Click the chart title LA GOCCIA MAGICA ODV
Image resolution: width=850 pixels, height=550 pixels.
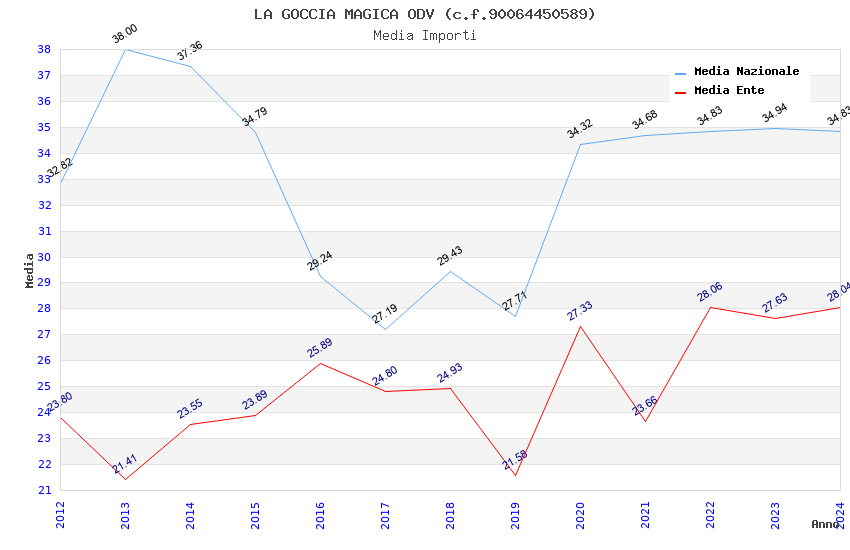(x=424, y=14)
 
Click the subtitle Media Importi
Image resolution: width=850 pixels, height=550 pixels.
(x=424, y=36)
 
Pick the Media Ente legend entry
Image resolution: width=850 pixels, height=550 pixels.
(x=729, y=91)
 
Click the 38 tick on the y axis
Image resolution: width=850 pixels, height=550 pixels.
(x=44, y=49)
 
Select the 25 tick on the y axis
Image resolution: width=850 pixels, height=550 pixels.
(x=44, y=386)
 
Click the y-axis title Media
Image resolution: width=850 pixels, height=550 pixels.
(x=30, y=270)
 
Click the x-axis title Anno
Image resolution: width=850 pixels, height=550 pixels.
(x=825, y=524)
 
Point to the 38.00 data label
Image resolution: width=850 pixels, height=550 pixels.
(x=125, y=35)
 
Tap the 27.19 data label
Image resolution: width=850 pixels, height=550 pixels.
(x=385, y=315)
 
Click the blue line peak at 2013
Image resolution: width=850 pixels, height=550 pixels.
(x=125, y=49)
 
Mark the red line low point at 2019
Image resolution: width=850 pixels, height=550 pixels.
(x=515, y=475)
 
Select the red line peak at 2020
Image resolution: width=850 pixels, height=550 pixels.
(x=580, y=326)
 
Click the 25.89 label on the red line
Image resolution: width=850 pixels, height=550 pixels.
(x=320, y=349)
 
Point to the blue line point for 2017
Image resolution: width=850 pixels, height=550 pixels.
(x=385, y=329)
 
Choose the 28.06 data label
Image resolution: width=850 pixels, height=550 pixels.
(x=710, y=293)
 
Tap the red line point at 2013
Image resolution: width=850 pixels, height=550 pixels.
(x=125, y=479)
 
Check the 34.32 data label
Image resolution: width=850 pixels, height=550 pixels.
(x=580, y=129)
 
